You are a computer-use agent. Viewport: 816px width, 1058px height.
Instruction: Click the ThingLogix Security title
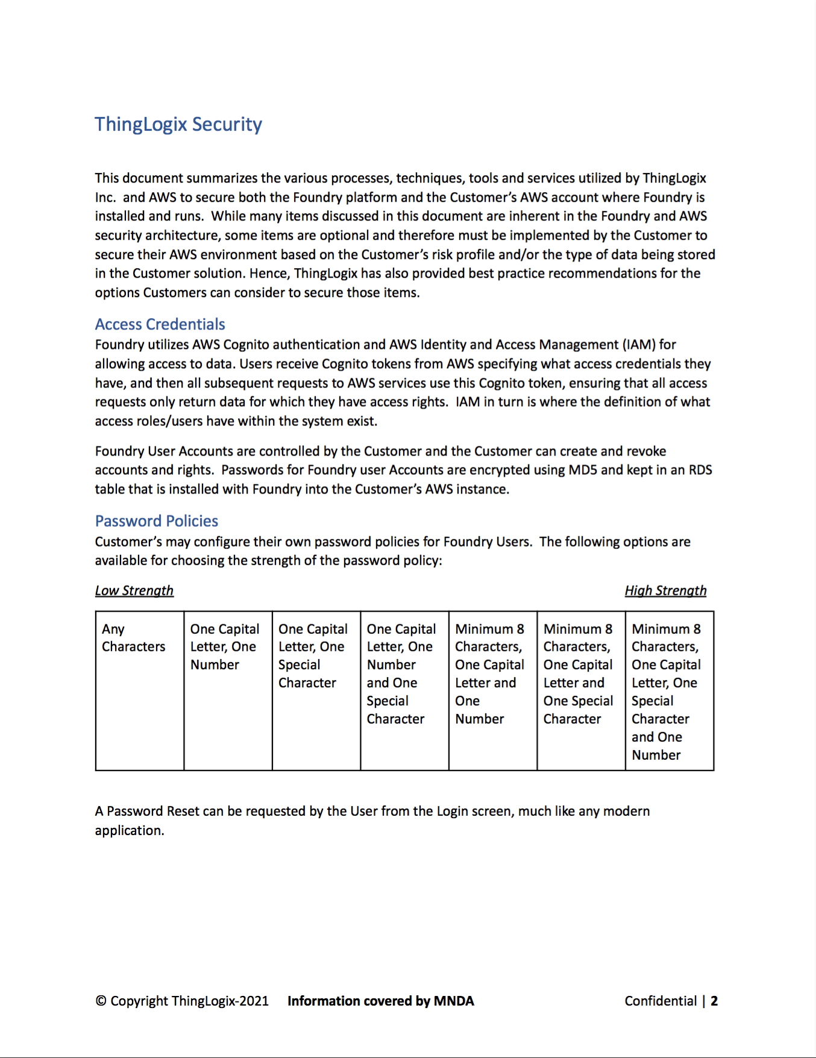[x=178, y=124]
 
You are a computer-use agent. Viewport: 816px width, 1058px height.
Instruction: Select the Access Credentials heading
[x=160, y=324]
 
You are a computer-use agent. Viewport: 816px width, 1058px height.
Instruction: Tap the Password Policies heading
[x=156, y=521]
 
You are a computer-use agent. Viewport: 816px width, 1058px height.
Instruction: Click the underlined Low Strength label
[x=134, y=590]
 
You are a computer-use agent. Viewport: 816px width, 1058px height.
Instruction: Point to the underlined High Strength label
[x=665, y=590]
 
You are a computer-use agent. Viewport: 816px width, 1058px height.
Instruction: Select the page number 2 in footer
[x=714, y=1001]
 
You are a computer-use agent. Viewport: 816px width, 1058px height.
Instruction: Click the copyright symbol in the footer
[x=101, y=1001]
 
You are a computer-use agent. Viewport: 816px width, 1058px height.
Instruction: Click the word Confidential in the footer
[x=661, y=1001]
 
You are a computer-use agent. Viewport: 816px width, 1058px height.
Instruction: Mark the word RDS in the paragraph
[x=700, y=470]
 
